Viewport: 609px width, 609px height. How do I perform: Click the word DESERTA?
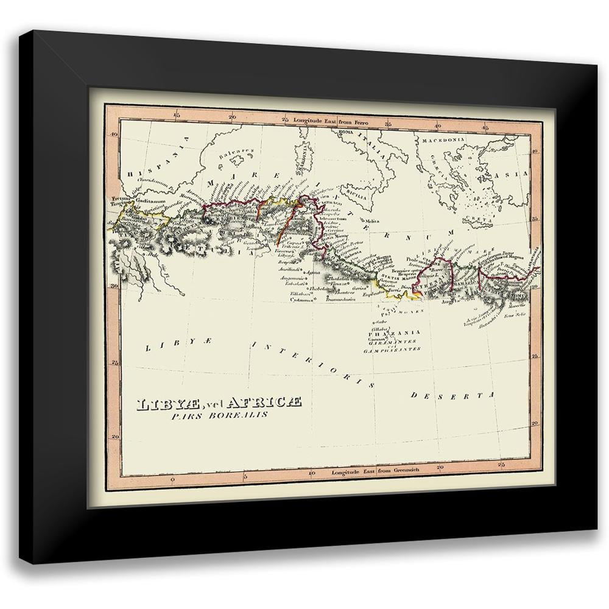(x=451, y=395)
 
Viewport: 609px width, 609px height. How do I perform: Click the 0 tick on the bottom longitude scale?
(x=173, y=481)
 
